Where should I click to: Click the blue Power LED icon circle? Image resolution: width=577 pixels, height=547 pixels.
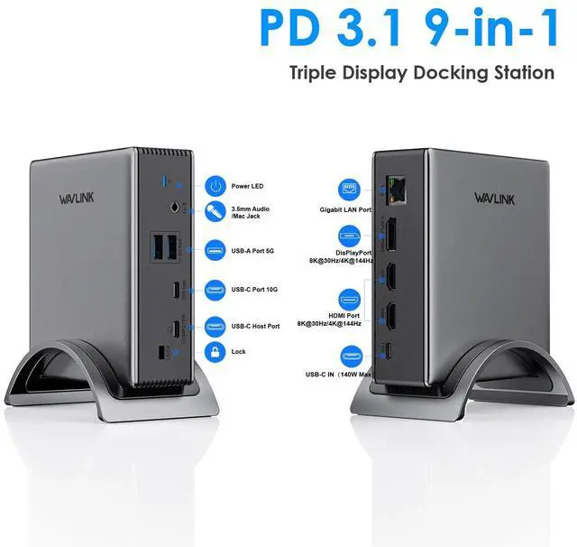pyautogui.click(x=215, y=187)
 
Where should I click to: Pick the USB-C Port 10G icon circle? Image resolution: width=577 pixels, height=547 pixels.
pyautogui.click(x=215, y=290)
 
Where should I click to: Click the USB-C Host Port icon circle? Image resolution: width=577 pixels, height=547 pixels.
pyautogui.click(x=215, y=325)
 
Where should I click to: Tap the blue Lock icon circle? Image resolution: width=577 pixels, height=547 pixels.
pyautogui.click(x=215, y=350)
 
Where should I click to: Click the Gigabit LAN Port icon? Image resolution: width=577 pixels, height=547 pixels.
pyautogui.click(x=350, y=190)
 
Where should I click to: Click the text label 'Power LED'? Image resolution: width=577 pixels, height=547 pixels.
pyautogui.click(x=249, y=187)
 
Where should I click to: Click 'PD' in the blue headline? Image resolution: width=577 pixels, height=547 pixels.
pyautogui.click(x=294, y=27)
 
